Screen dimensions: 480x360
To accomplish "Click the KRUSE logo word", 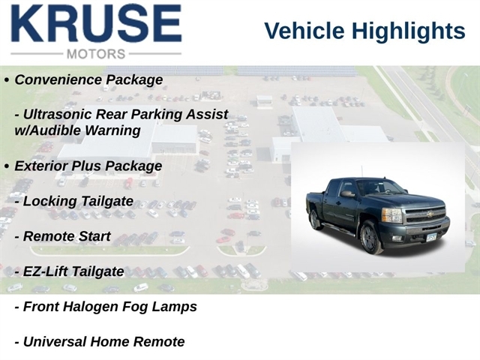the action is tap(97, 23).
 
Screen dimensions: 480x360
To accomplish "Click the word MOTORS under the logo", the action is tap(96, 54).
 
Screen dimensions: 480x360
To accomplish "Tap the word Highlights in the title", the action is tap(408, 31).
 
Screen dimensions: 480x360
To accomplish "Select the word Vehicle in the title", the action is tap(304, 31).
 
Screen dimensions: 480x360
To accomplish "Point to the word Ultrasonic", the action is tap(58, 114).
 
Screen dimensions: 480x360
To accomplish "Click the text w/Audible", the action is tap(47, 130).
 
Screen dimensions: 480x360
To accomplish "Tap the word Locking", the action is tap(49, 202).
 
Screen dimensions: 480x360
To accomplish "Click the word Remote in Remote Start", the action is tap(49, 236).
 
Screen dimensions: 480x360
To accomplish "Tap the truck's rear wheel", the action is tap(314, 219).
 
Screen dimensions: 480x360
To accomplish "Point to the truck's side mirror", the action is tap(346, 193).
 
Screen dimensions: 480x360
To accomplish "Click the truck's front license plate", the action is tap(431, 237).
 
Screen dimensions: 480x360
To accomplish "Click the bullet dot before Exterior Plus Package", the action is tap(7, 166).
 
